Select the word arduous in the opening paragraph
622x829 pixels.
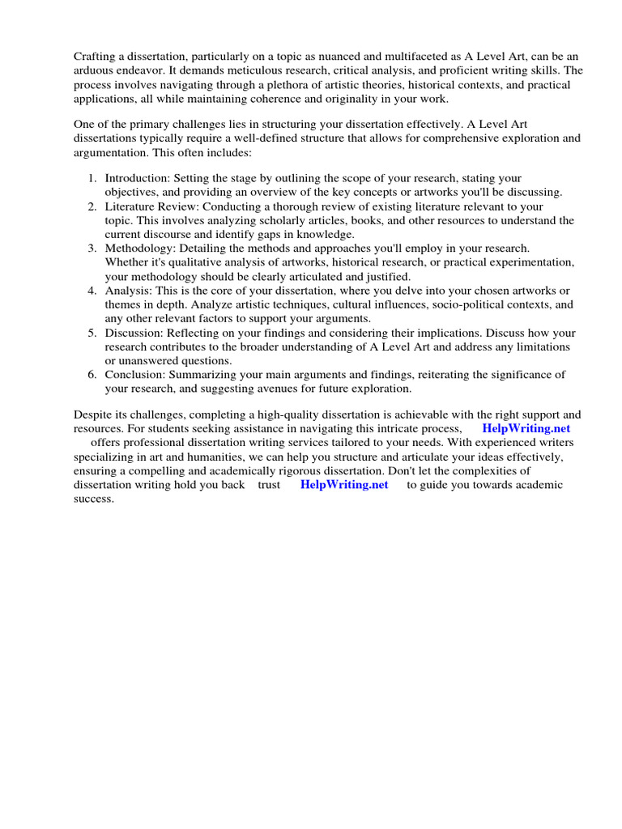[94, 70]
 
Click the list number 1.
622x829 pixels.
[92, 178]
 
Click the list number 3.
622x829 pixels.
[92, 249]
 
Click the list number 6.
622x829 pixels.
[92, 374]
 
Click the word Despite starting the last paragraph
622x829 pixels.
[94, 414]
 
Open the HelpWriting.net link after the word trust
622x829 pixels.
[344, 484]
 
